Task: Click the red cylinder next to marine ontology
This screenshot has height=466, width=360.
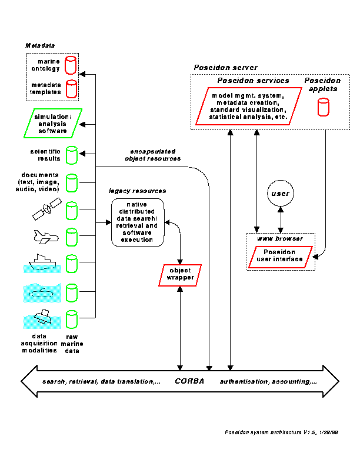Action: point(71,65)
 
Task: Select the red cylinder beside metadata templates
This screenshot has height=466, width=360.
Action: point(71,89)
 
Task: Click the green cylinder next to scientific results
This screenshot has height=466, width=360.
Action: point(71,155)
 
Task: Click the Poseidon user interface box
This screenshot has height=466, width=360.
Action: point(279,256)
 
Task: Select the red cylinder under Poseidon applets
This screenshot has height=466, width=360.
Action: point(322,107)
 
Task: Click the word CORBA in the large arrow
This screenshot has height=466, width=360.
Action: point(189,381)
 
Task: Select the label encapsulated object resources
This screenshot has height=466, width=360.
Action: point(153,155)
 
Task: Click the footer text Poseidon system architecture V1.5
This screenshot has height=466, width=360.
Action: point(281,432)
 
